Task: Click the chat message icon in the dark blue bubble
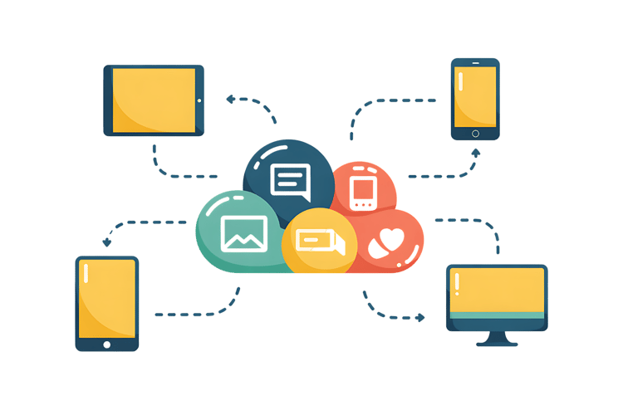click(290, 182)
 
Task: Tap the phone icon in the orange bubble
click(363, 190)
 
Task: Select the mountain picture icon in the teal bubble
click(244, 232)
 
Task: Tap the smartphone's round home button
click(476, 133)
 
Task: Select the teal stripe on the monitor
click(497, 315)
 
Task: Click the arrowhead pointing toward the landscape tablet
click(230, 99)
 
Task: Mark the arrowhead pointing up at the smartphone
click(474, 153)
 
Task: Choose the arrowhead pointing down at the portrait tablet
click(106, 242)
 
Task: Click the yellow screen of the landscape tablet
click(154, 100)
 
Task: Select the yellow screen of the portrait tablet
click(108, 299)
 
